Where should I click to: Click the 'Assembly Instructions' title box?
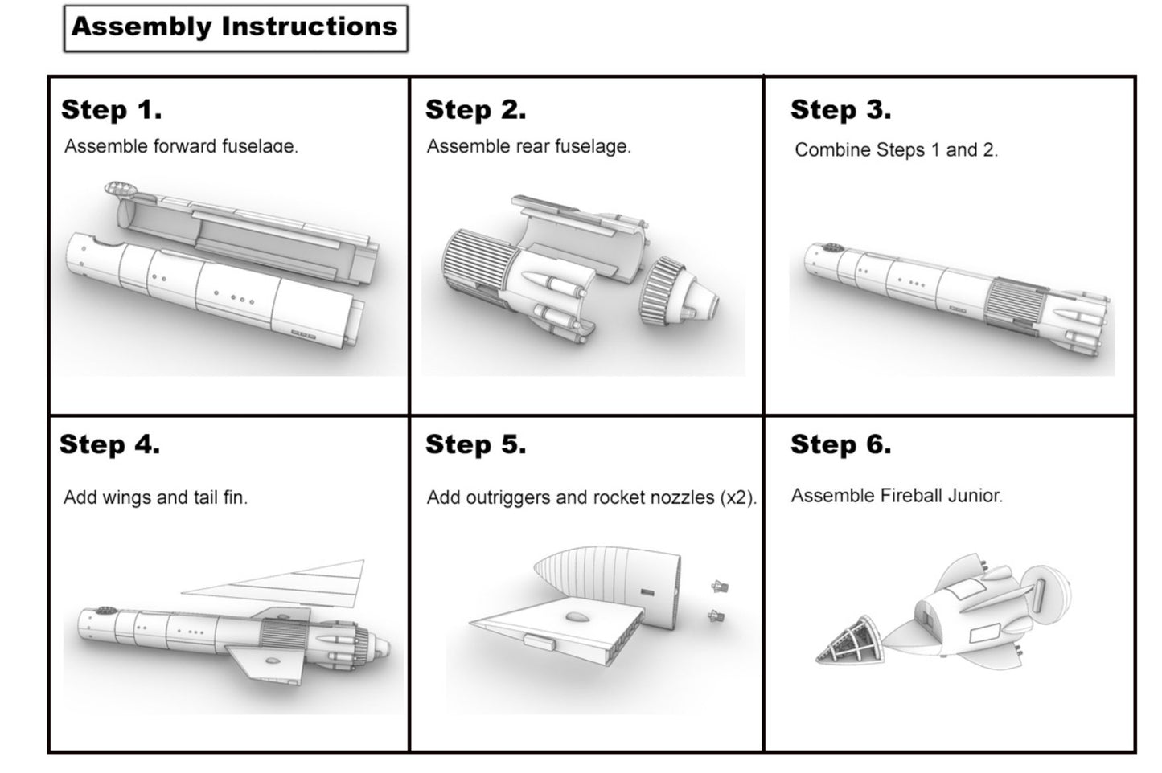(x=236, y=28)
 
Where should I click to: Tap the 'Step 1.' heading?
(x=112, y=110)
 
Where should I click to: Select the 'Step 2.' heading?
(x=476, y=110)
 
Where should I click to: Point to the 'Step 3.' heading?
(x=841, y=110)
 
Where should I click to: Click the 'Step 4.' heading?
(x=109, y=444)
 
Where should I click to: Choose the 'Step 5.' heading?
(x=476, y=444)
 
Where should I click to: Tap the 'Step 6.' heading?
(x=841, y=444)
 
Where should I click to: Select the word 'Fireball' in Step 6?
(x=905, y=496)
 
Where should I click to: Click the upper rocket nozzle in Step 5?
(x=720, y=587)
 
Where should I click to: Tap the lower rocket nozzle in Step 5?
(x=716, y=616)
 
